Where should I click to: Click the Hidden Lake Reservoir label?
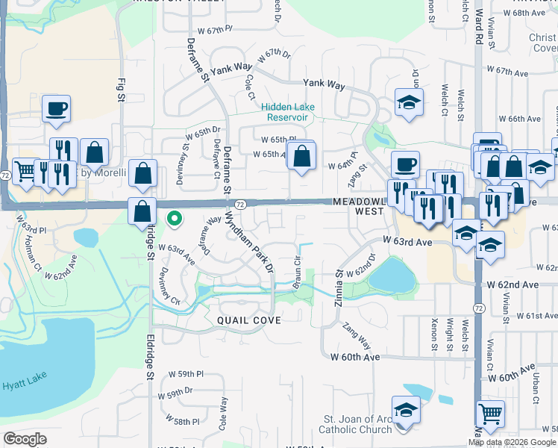288,112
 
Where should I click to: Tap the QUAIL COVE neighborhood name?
249,320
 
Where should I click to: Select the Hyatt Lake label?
19,385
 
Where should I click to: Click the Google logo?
25,439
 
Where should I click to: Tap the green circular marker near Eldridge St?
175,219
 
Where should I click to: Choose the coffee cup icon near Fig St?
57,109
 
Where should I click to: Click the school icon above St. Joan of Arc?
406,409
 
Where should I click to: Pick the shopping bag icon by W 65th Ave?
301,156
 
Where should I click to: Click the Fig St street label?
120,88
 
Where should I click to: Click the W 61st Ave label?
530,316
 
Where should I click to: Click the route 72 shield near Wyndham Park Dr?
240,204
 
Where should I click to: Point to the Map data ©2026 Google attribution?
512,442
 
